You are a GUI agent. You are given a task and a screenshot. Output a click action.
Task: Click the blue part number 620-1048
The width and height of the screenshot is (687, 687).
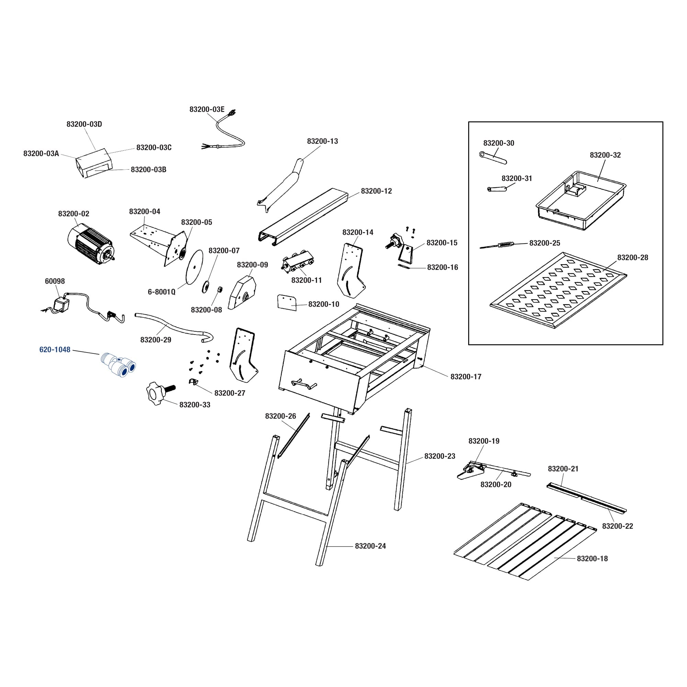55,350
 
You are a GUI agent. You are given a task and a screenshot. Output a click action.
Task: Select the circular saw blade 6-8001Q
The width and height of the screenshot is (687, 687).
194,267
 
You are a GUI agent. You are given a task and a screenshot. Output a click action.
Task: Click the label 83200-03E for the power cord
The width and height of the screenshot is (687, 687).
207,109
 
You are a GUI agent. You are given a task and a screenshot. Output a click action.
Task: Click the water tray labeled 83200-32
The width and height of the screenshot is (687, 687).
580,201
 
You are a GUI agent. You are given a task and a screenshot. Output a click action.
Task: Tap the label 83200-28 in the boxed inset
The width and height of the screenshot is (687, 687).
633,257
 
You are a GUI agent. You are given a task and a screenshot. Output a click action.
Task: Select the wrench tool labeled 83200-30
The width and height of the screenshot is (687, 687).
493,158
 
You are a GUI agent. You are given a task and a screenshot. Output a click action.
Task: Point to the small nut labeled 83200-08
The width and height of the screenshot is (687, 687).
220,289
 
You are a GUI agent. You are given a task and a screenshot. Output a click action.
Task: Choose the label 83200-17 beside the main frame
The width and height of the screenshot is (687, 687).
466,376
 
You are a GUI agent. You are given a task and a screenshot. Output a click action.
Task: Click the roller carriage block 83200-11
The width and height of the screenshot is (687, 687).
298,263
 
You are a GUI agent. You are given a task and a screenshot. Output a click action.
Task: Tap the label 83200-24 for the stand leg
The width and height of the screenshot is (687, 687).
370,546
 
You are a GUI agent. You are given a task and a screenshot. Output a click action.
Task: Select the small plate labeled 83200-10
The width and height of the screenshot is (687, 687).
286,302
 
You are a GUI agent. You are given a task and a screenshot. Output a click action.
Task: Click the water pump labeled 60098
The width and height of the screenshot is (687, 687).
60,305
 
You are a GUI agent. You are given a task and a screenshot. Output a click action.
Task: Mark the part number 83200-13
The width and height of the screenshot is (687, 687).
323,141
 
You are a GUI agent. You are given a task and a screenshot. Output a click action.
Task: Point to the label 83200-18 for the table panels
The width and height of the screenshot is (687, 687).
593,558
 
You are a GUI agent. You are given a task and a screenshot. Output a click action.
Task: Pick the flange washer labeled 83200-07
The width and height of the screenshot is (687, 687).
205,286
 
